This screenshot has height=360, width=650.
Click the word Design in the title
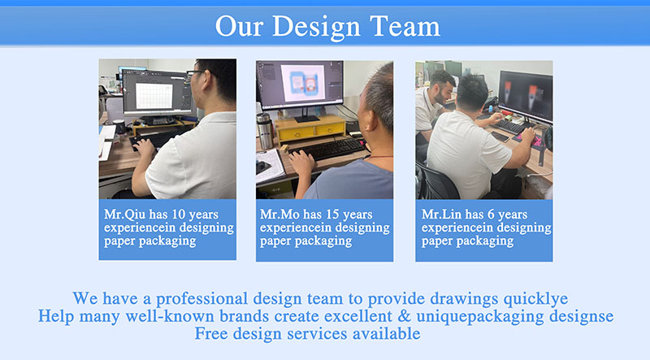pos(316,28)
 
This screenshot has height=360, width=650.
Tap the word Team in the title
pos(405,26)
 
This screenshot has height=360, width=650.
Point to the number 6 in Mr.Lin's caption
pos(491,214)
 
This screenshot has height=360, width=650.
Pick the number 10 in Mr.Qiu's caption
pos(178,214)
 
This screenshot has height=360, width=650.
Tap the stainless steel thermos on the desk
pos(265,131)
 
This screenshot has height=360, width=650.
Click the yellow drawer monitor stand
pos(310,128)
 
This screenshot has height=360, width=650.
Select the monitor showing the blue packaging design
pos(300,85)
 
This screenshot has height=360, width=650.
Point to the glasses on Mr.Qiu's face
pos(197,73)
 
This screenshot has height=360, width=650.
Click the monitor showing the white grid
pos(156,93)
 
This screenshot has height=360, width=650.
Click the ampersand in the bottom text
pos(404,316)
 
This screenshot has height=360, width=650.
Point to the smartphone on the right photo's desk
pos(500,136)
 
